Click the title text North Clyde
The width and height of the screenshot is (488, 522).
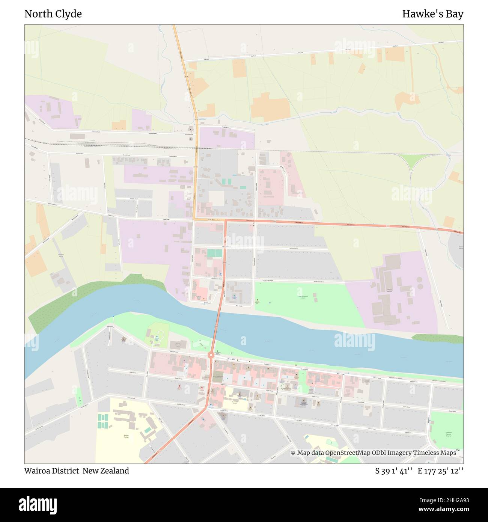53,14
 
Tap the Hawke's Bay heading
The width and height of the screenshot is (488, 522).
432,14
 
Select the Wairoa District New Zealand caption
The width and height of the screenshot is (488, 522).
77,471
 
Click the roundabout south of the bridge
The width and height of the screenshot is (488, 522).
211,355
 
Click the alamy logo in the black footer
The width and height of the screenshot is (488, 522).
38,505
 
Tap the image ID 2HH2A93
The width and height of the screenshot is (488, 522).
447,500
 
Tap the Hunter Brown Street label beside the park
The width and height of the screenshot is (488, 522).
319,281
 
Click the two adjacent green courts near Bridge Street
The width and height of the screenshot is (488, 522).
214,253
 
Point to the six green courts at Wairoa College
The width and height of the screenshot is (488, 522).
102,420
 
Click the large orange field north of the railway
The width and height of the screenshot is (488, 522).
270,107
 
